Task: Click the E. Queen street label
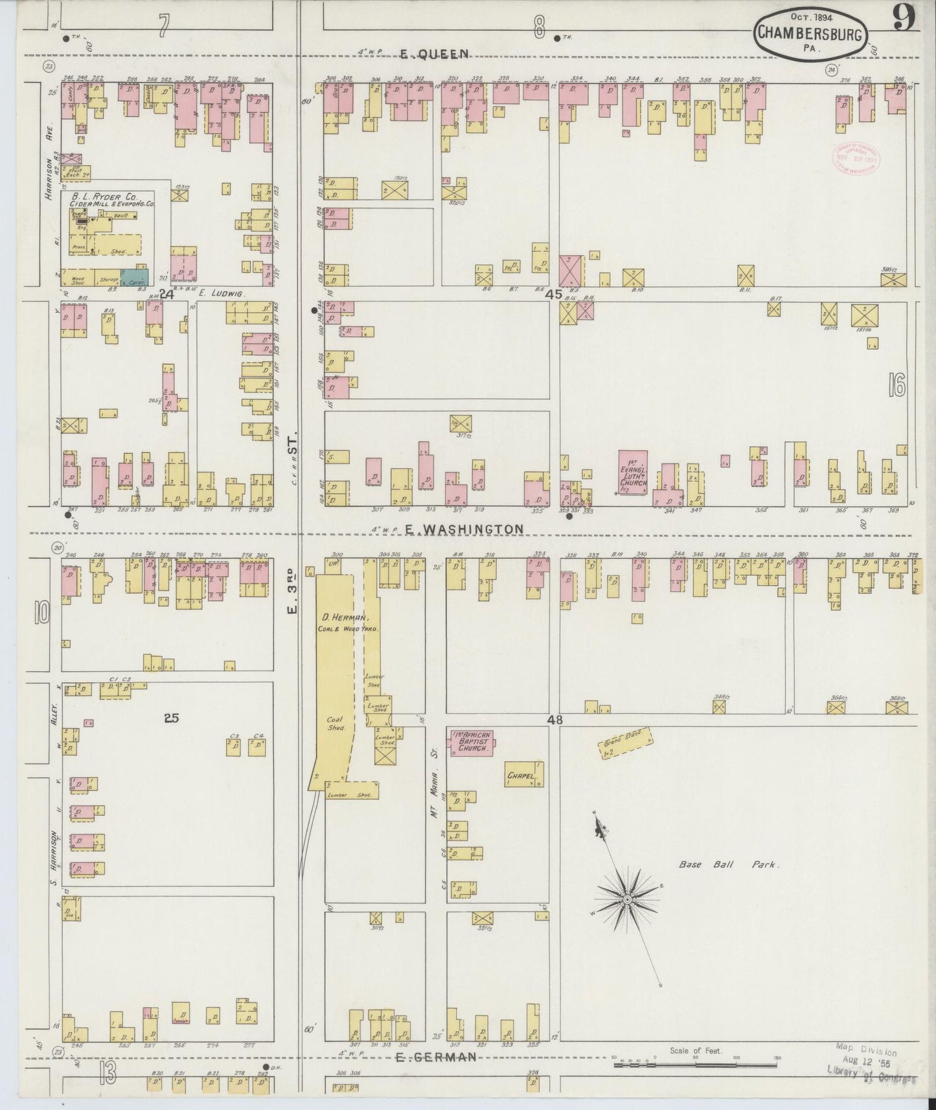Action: tap(424, 55)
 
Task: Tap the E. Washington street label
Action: tap(464, 529)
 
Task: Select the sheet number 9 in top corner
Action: tap(904, 18)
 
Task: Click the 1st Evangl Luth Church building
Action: tap(634, 473)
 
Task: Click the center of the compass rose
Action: tap(627, 900)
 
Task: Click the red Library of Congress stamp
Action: tap(853, 157)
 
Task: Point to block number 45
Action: tap(554, 294)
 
